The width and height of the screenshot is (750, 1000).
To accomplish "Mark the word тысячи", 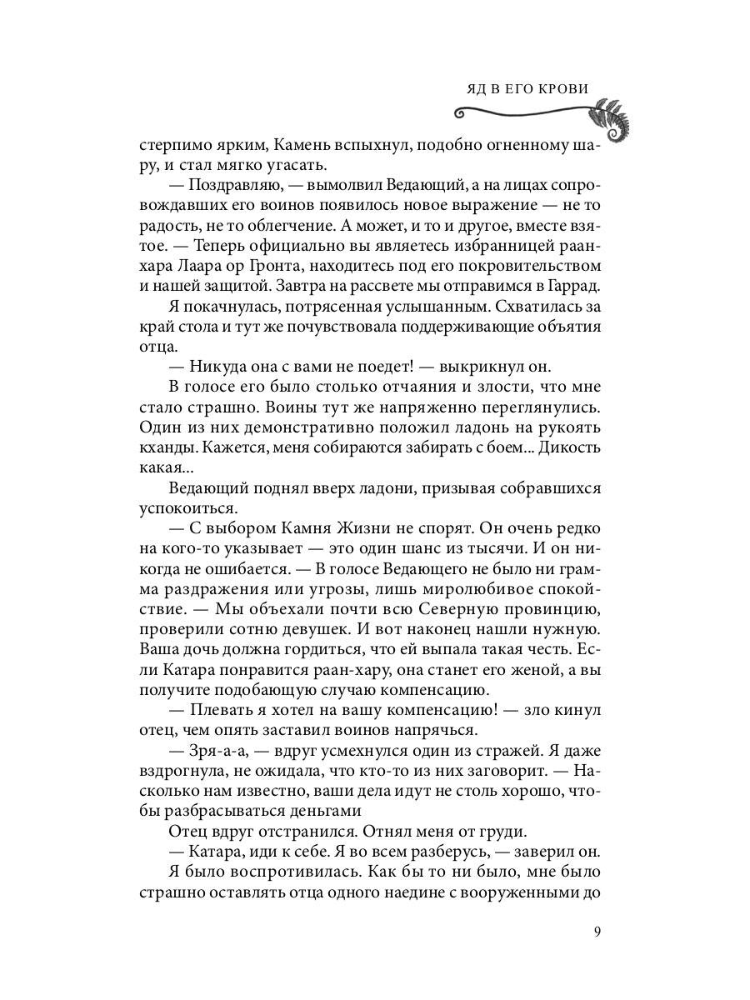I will (483, 550).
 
